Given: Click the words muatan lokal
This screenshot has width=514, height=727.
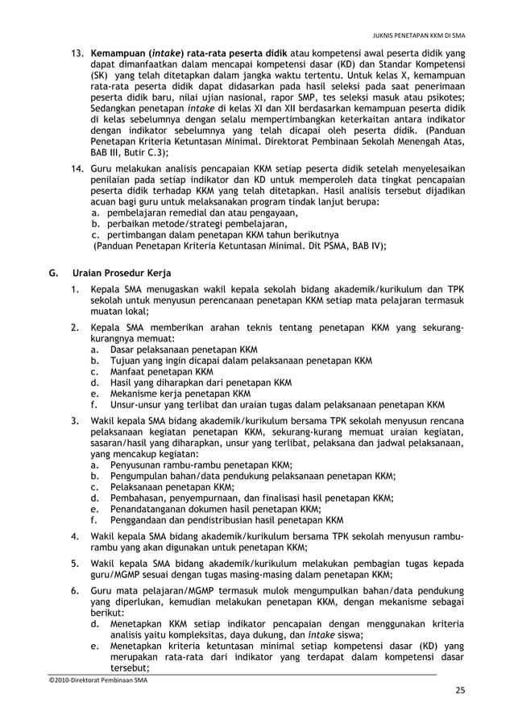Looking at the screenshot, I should coord(119,311).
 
